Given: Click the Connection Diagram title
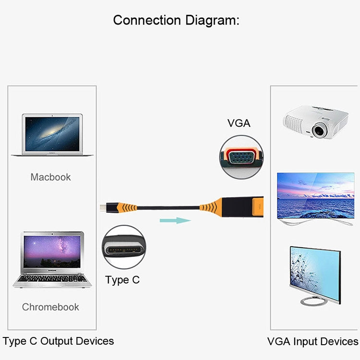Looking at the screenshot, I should coord(176,21).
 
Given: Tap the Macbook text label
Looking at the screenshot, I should coord(50,177).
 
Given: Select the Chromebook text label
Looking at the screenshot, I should coord(50,307).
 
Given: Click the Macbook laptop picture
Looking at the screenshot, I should coord(52,135).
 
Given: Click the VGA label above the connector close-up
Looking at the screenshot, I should coord(239,123).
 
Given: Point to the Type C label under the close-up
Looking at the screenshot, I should coord(122,280).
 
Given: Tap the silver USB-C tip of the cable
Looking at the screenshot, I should coord(104,208).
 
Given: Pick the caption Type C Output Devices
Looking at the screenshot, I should coord(58,341).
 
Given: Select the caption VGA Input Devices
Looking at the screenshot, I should coord(312,342).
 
